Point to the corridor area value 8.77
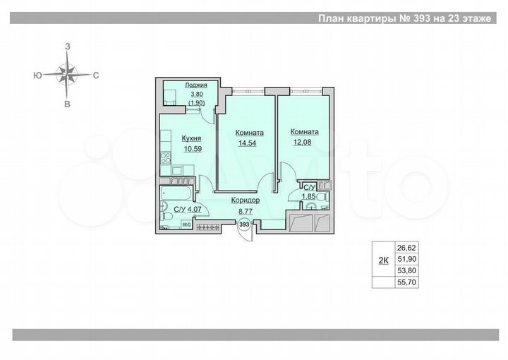(x=245, y=210)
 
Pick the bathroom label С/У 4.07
(x=186, y=210)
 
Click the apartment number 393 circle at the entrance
(x=244, y=224)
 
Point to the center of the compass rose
(x=68, y=73)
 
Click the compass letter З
(x=68, y=45)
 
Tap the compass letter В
(x=68, y=104)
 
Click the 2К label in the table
(x=383, y=260)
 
